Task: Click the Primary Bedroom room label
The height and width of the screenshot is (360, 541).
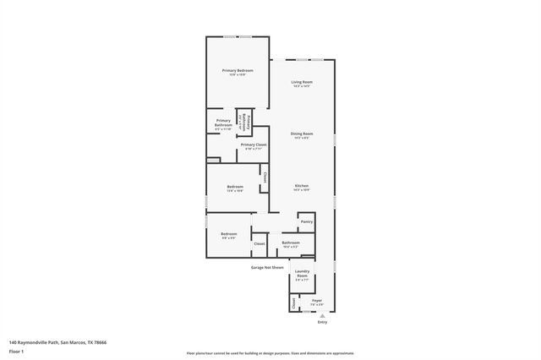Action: click(238, 70)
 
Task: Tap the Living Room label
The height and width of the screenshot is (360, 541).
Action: click(302, 82)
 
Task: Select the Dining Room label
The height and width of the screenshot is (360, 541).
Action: click(302, 134)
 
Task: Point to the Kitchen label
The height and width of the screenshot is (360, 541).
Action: click(302, 185)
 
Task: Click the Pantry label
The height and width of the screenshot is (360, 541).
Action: click(306, 221)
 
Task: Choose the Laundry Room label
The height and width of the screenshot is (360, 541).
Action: click(302, 274)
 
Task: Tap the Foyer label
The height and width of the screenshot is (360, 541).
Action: click(317, 301)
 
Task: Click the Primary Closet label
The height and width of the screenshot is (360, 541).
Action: click(254, 145)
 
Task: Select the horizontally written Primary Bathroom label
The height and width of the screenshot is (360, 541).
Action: click(223, 123)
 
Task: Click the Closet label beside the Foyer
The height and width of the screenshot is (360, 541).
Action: click(294, 303)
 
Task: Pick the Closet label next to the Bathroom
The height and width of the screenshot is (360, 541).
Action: click(260, 243)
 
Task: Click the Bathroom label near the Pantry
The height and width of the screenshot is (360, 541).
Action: click(291, 243)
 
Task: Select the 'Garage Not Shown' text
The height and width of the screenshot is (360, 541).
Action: click(266, 267)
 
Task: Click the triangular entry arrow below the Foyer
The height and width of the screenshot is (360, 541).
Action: click(321, 315)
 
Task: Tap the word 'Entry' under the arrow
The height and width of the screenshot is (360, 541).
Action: click(321, 323)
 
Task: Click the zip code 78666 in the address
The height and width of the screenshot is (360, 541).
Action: click(101, 342)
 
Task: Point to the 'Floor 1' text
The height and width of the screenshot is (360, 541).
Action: click(17, 350)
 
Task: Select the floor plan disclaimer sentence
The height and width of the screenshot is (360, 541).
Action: click(270, 353)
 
